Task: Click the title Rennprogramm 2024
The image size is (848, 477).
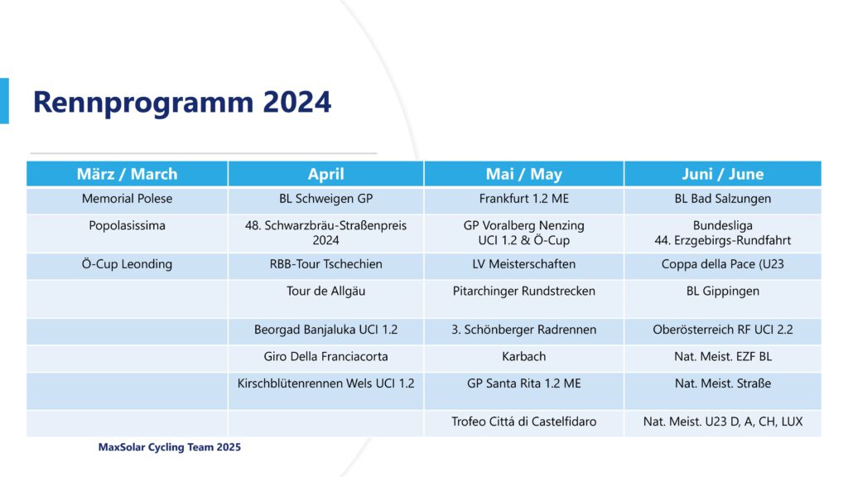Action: point(181,102)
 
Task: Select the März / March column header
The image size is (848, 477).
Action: point(127,174)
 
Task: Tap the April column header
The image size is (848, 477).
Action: point(325,174)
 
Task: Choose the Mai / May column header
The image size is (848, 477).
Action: point(523,174)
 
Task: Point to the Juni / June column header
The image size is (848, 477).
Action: point(722,174)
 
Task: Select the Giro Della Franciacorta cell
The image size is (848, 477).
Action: point(325,357)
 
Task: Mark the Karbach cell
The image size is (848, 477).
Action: point(523,357)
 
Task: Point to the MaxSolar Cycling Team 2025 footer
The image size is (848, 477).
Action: point(169,447)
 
